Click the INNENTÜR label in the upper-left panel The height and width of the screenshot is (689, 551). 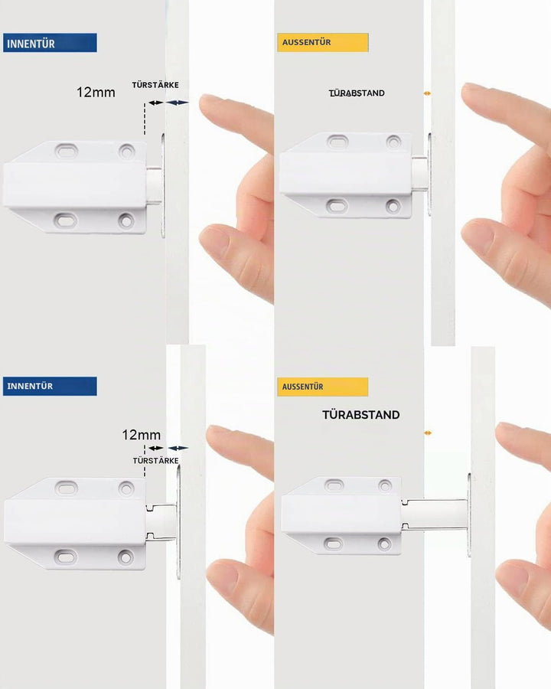click(50, 43)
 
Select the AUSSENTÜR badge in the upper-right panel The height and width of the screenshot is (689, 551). click(322, 43)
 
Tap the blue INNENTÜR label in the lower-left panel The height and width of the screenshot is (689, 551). click(50, 387)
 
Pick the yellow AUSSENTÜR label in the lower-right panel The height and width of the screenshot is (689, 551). click(322, 387)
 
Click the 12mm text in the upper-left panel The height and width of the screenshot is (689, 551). click(96, 93)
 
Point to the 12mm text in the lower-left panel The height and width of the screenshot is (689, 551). click(141, 435)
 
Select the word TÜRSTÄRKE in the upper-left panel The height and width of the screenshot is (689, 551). click(155, 85)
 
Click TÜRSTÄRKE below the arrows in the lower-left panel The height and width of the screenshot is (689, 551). click(155, 461)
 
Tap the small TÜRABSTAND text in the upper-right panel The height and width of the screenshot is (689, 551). click(357, 93)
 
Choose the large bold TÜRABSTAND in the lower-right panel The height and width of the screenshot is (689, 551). click(360, 415)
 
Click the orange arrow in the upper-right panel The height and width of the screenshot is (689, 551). click(427, 93)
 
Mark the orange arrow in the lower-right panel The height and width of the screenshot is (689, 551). click(428, 433)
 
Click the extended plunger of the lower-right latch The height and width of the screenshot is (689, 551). click(434, 514)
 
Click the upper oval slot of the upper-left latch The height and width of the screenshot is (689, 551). click(67, 151)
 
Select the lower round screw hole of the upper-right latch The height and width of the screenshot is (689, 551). click(393, 206)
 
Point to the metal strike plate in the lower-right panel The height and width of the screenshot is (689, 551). click(469, 515)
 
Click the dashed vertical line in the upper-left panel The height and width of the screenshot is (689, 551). click(145, 119)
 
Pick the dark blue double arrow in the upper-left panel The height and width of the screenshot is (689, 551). click(178, 103)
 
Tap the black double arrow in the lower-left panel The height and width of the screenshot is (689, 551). click(155, 448)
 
